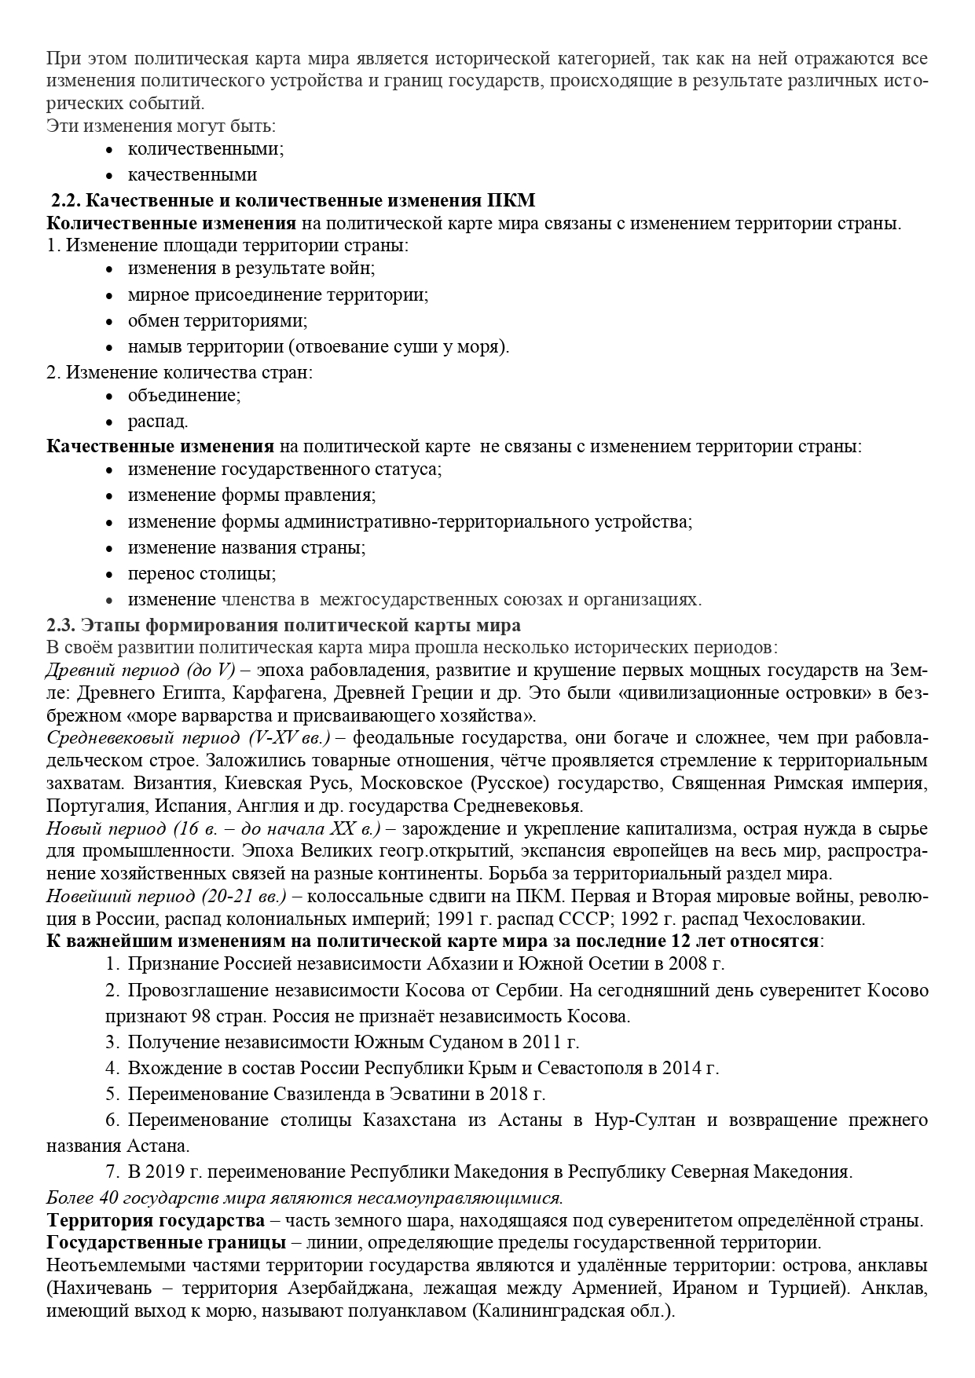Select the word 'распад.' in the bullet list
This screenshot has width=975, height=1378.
(x=158, y=421)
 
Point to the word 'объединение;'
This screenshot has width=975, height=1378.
(x=185, y=395)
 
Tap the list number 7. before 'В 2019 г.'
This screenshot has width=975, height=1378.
(x=113, y=1172)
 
